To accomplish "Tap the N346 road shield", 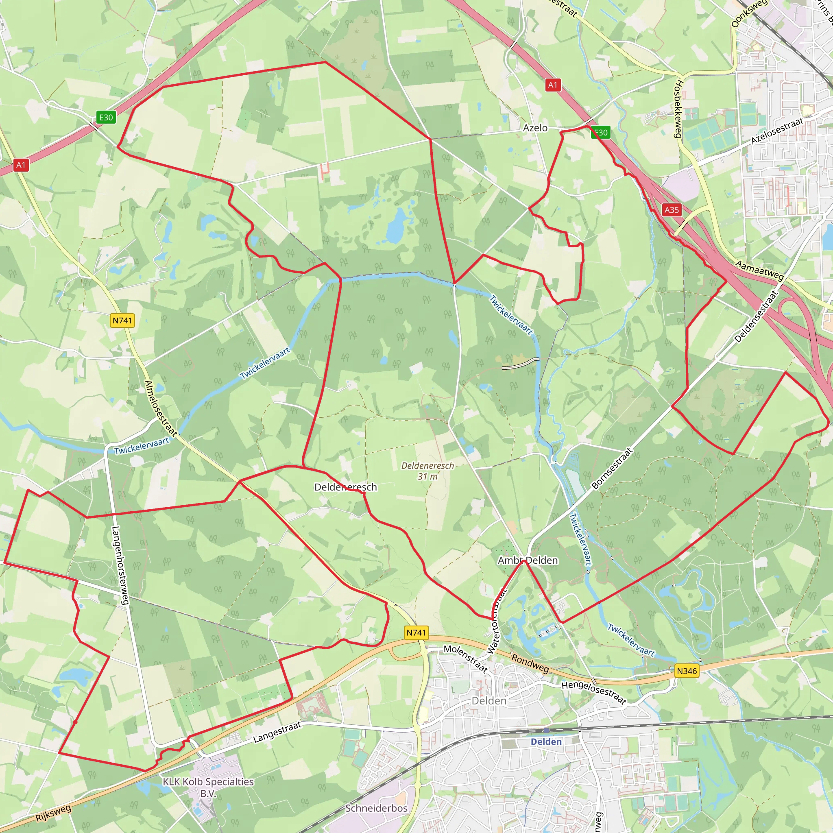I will (x=687, y=671).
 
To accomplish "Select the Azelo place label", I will (x=535, y=128).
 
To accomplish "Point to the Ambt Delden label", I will (x=528, y=560).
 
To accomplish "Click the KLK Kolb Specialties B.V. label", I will (x=208, y=787).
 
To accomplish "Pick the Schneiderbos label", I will (x=376, y=808).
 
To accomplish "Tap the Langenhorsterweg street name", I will (x=120, y=565).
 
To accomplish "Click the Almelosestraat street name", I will (x=160, y=408).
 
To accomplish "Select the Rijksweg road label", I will (x=53, y=812).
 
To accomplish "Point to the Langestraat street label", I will (x=277, y=733).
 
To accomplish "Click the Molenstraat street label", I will (x=466, y=659).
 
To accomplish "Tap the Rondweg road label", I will (x=530, y=663).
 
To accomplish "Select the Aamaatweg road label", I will (x=759, y=270).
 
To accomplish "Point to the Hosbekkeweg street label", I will (x=678, y=109).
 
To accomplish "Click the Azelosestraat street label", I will (x=777, y=131).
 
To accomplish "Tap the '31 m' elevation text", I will (x=427, y=476).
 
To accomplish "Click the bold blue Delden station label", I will (x=546, y=741).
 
